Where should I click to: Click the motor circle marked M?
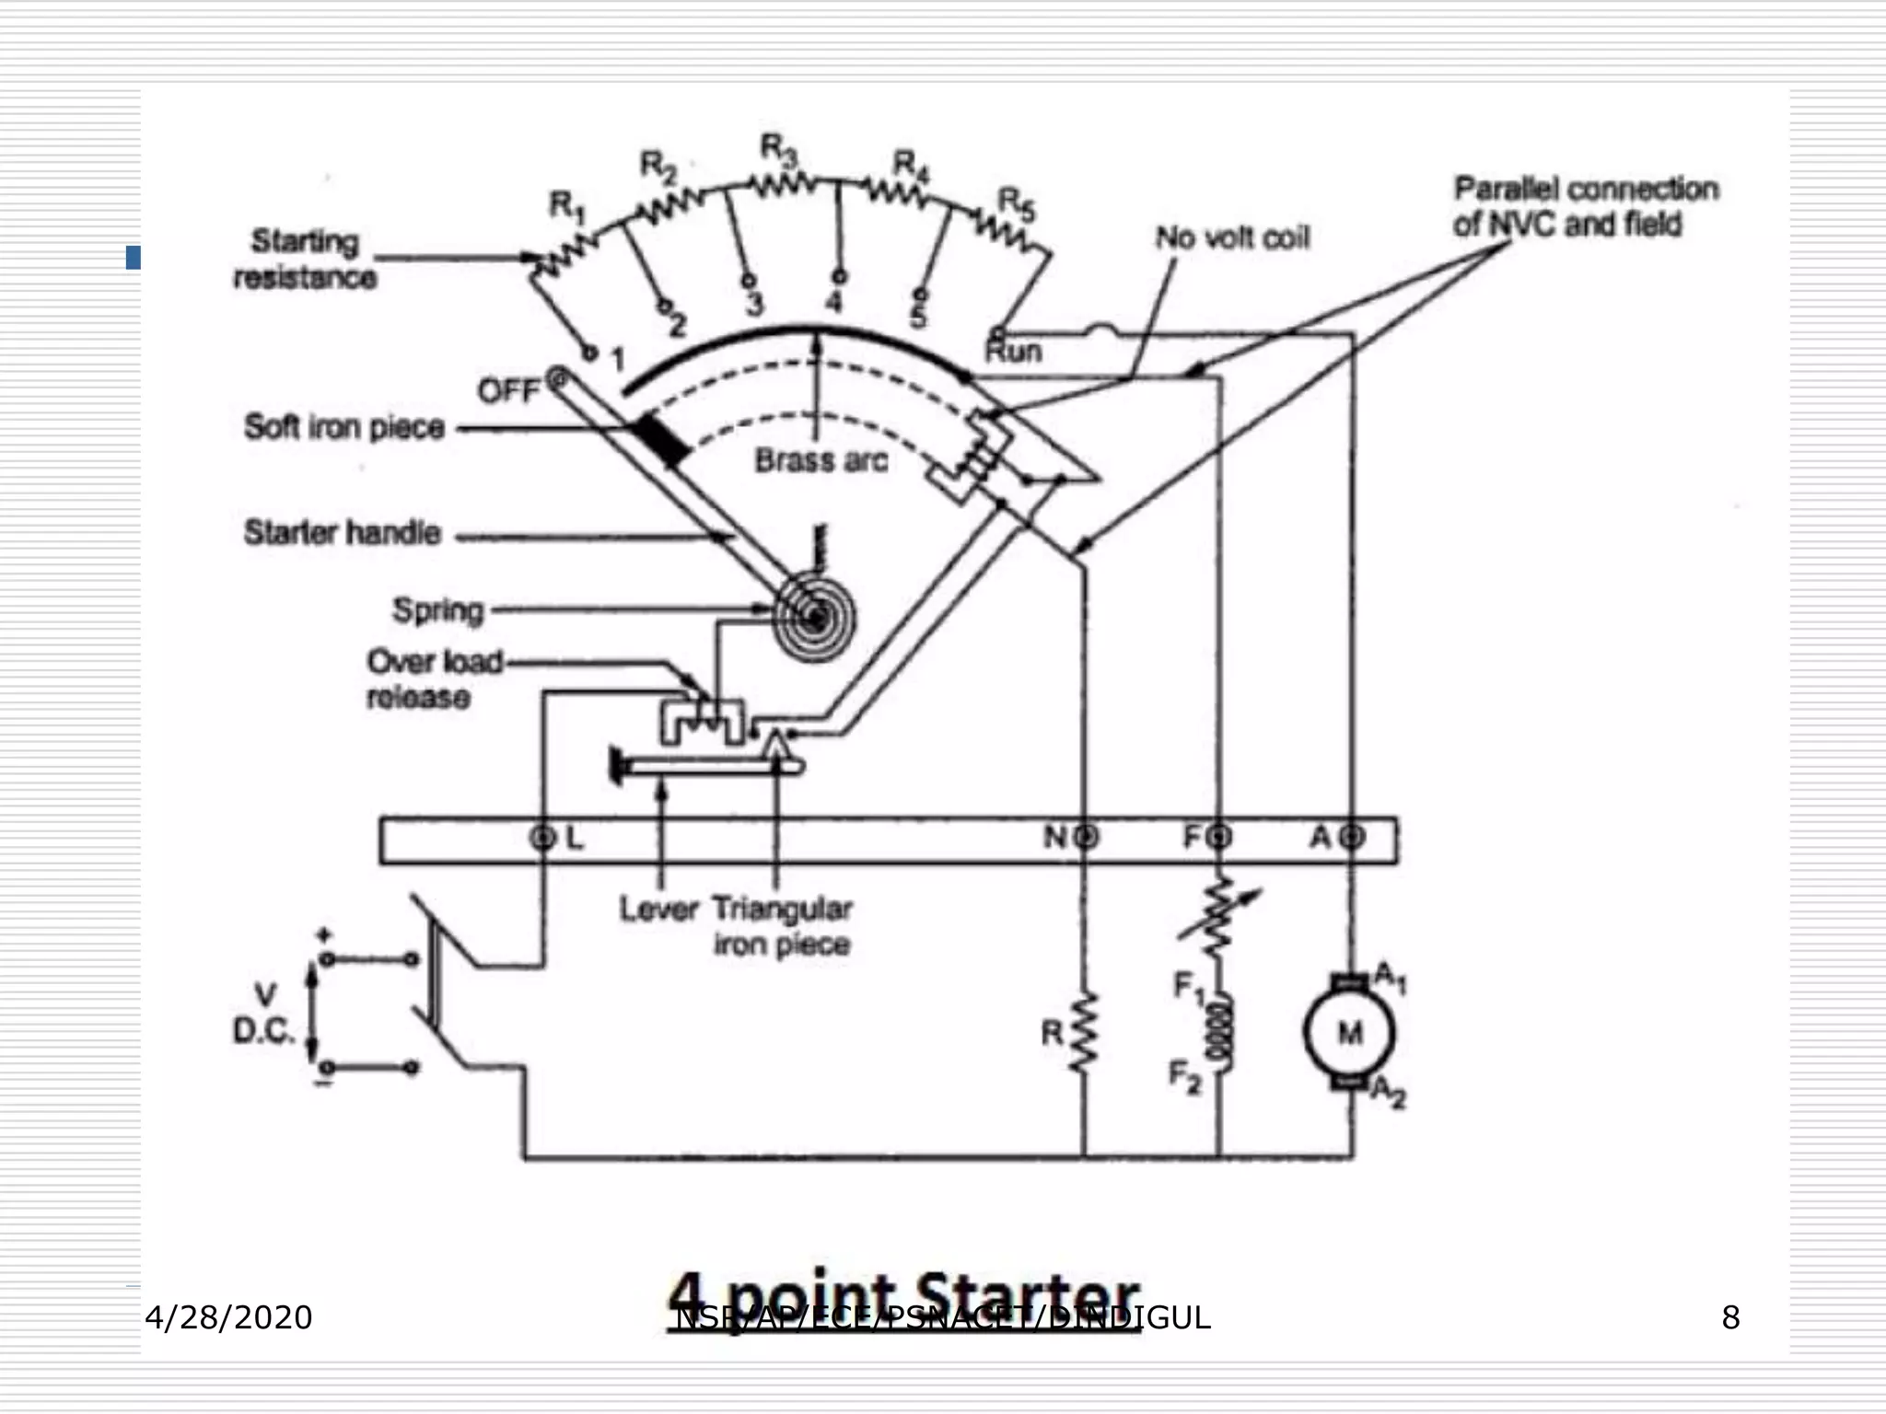[1349, 1033]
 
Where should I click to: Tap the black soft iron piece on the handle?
[661, 440]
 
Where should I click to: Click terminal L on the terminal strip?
[543, 838]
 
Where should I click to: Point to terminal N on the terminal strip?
[1086, 838]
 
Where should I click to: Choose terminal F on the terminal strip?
[1220, 838]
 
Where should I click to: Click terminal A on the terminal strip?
[1352, 838]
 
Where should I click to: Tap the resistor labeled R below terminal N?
[1085, 1033]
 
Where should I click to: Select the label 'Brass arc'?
[821, 460]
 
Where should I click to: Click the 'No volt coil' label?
[1232, 238]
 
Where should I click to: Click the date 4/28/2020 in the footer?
[228, 1318]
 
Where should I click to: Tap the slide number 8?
[1730, 1318]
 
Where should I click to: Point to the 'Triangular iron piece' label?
[782, 926]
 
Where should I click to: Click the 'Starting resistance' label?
[305, 259]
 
